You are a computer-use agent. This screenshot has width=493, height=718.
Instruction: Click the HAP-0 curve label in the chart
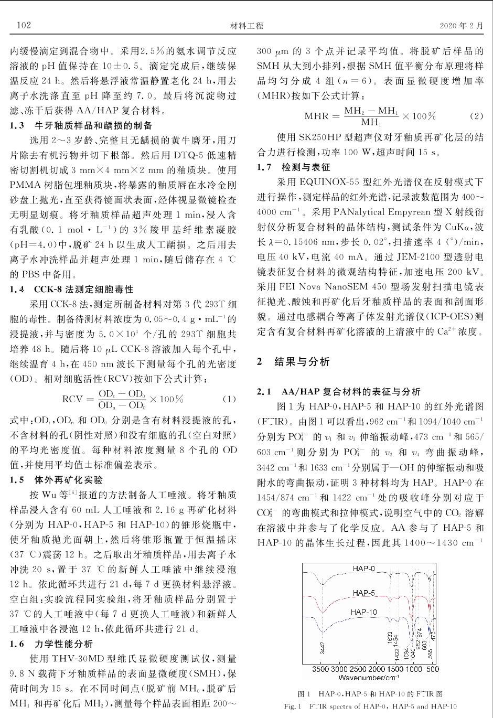tap(363, 569)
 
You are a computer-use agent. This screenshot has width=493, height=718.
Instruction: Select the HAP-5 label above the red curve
tap(363, 593)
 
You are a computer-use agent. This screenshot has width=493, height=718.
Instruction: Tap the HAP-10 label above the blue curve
tap(363, 612)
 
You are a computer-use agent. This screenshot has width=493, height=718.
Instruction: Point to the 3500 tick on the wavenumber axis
tap(321, 669)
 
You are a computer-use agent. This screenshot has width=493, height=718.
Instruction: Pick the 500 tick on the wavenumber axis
tap(432, 669)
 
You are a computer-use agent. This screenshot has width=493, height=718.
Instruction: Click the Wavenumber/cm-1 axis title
tap(370, 678)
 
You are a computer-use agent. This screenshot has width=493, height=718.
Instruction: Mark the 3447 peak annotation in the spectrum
tap(323, 648)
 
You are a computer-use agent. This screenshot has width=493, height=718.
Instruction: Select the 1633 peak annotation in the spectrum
tap(390, 638)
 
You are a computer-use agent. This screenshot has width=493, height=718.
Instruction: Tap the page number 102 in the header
tap(24, 25)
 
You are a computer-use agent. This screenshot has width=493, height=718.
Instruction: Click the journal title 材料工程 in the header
tap(246, 26)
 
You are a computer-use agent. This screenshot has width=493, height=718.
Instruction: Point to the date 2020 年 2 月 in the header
tap(462, 26)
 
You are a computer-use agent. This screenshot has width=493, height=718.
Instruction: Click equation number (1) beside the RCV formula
tap(229, 399)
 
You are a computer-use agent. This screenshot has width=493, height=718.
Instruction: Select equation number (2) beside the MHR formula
tap(476, 116)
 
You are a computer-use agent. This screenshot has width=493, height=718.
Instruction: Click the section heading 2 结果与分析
tap(294, 362)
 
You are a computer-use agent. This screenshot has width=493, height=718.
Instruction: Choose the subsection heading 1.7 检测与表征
tap(294, 167)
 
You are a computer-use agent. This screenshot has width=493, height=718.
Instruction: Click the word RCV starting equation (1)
tap(72, 400)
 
